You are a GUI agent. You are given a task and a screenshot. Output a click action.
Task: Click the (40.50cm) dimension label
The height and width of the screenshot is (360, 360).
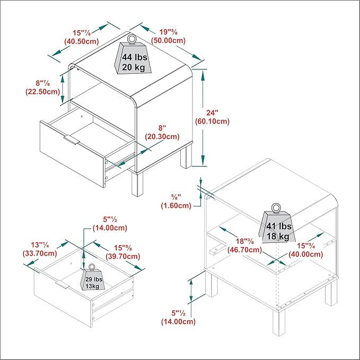pos(82,41)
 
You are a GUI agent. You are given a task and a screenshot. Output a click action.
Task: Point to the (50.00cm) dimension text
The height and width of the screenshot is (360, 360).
pos(168,41)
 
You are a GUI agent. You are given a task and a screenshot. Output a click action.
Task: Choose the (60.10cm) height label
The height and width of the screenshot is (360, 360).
pos(212,121)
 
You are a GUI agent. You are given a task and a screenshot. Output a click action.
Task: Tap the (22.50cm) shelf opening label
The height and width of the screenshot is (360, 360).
pos(43,92)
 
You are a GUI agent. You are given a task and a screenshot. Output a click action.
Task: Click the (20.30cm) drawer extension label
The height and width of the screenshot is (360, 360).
pos(162,137)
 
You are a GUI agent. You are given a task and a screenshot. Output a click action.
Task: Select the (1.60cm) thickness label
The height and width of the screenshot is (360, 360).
pos(176,206)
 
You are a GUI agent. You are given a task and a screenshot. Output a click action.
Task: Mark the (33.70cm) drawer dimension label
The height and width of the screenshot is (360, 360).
pos(40,253)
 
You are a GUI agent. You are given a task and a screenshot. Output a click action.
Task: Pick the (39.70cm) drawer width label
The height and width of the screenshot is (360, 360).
pos(123,256)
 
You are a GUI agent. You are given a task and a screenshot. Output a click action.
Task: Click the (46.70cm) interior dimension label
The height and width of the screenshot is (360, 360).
pos(245,250)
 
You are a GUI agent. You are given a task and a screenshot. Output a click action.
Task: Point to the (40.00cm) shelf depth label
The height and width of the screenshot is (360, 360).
pos(306,254)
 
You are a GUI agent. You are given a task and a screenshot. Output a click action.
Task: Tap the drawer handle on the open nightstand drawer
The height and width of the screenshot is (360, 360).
pos(72,140)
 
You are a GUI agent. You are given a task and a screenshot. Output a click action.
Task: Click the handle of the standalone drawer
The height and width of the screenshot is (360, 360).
pos(63,285)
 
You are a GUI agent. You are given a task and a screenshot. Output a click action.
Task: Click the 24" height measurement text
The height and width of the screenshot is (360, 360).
pos(212,113)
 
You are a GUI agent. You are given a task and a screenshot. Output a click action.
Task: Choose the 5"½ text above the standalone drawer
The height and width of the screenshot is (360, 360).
pos(110,219)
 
